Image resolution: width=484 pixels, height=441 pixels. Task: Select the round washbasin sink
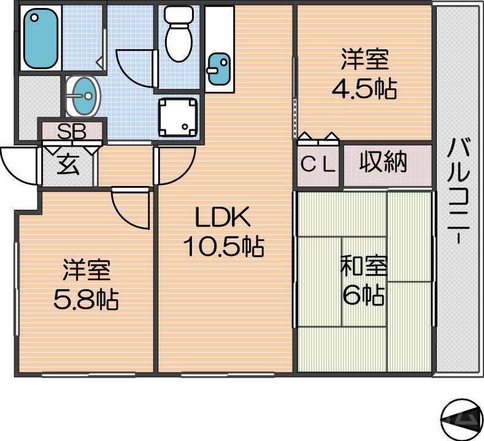(83, 96)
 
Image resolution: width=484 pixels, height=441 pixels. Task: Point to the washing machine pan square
(179, 117)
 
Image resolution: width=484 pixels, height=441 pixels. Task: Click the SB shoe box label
(72, 131)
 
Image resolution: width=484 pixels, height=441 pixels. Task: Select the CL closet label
(318, 165)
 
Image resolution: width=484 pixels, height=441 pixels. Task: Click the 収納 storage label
(383, 163)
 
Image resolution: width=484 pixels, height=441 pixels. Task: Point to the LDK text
(222, 218)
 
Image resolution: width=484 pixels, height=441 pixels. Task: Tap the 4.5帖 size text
(364, 90)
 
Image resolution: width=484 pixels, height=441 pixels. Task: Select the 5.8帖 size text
(85, 300)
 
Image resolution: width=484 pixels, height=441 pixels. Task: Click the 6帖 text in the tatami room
(363, 296)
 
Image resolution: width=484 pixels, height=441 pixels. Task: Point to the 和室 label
(364, 267)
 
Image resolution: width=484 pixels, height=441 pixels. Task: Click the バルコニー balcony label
(458, 191)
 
